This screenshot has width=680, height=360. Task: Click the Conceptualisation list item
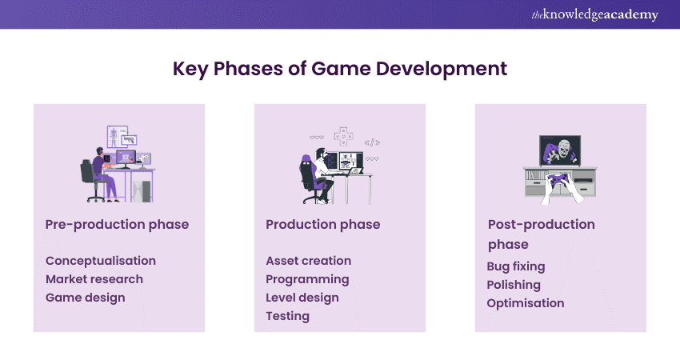pos(101,261)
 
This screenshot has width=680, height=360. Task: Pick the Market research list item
pos(94,279)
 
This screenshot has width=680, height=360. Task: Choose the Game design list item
pos(86,298)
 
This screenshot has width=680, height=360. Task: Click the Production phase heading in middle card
pos(323,225)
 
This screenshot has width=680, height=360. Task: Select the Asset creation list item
pos(309,261)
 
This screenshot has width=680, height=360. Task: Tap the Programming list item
pos(307,279)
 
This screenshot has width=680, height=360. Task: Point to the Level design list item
pos(302,298)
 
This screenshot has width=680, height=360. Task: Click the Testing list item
pos(288,316)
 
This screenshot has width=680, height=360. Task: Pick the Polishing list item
pos(514,285)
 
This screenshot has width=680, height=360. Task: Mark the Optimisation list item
pos(526,303)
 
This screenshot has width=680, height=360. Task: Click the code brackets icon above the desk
pos(372,142)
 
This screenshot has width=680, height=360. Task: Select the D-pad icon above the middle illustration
pos(342,134)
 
